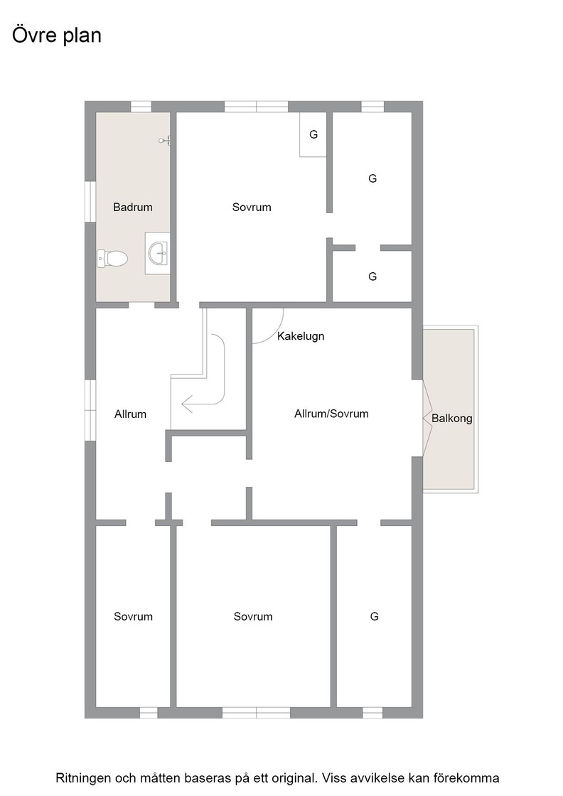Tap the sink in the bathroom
(x=158, y=253)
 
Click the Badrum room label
(x=132, y=207)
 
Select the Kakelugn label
(x=301, y=336)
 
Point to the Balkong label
(x=452, y=419)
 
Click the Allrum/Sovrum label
(x=331, y=414)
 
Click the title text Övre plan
(x=57, y=36)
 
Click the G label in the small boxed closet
(x=313, y=134)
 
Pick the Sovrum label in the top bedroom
(x=252, y=207)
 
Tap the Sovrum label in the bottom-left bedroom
(x=133, y=616)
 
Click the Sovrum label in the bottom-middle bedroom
(x=253, y=616)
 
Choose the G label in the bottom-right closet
(x=374, y=616)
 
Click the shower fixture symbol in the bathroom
(x=165, y=141)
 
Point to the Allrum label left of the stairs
(x=131, y=414)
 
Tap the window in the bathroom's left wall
(x=90, y=202)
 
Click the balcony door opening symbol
(x=427, y=419)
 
